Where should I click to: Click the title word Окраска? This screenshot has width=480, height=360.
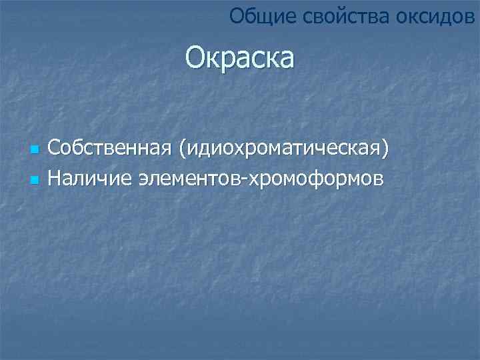click(x=239, y=58)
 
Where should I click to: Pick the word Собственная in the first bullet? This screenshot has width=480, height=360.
click(x=111, y=148)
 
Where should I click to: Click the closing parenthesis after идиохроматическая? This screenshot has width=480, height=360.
click(x=383, y=149)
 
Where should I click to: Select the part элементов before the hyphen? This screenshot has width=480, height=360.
click(x=190, y=179)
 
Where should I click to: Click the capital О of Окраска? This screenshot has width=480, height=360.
click(x=196, y=58)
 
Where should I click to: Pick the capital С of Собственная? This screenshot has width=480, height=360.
click(x=55, y=148)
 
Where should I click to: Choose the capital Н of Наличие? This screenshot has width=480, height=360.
click(x=55, y=178)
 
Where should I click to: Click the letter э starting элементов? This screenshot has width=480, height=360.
click(x=144, y=179)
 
